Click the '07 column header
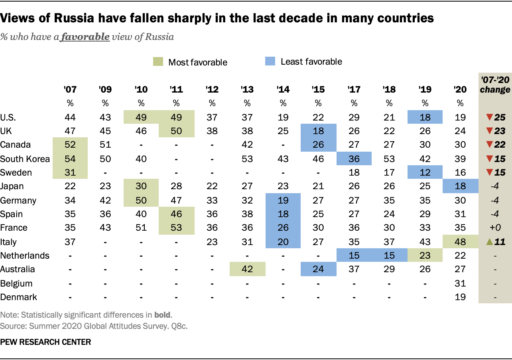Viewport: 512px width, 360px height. pyautogui.click(x=70, y=89)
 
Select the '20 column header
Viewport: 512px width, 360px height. pyautogui.click(x=460, y=89)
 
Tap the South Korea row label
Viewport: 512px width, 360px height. pyautogui.click(x=25, y=159)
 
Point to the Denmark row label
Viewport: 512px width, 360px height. pyautogui.click(x=19, y=297)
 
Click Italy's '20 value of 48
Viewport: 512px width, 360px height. pyautogui.click(x=460, y=242)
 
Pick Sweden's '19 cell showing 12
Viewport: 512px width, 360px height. pyautogui.click(x=425, y=173)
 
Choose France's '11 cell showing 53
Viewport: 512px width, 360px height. pyautogui.click(x=176, y=228)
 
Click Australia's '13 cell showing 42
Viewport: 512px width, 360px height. pyautogui.click(x=247, y=269)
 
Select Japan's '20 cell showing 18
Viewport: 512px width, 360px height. pyautogui.click(x=460, y=186)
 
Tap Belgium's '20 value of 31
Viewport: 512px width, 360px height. pyautogui.click(x=460, y=283)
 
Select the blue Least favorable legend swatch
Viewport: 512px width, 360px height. pyautogui.click(x=270, y=62)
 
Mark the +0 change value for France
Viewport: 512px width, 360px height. pyautogui.click(x=495, y=228)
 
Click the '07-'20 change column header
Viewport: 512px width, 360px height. pyautogui.click(x=495, y=85)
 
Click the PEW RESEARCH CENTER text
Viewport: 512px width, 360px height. pyautogui.click(x=46, y=342)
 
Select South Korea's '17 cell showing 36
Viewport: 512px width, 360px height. pyautogui.click(x=354, y=159)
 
